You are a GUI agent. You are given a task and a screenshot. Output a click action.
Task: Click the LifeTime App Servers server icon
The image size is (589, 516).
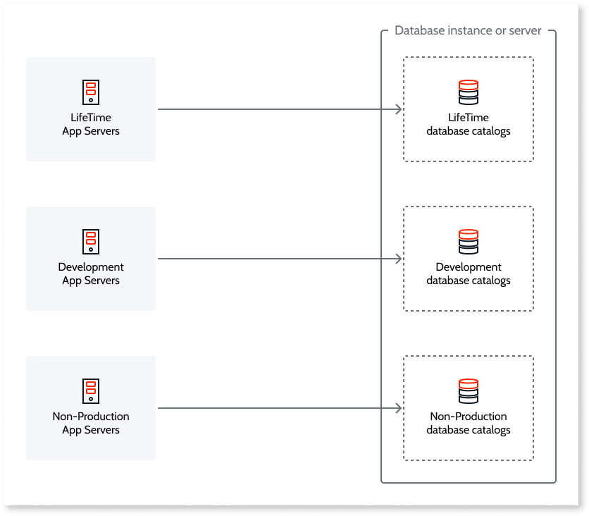pyautogui.click(x=90, y=92)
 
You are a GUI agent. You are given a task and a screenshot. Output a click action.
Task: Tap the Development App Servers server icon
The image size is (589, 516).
pyautogui.click(x=90, y=241)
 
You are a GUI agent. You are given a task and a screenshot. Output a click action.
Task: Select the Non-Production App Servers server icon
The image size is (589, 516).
pyautogui.click(x=90, y=391)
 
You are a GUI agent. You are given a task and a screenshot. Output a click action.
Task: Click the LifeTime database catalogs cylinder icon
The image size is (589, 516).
pyautogui.click(x=468, y=92)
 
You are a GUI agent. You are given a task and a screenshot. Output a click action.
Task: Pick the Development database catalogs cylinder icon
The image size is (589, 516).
pyautogui.click(x=468, y=241)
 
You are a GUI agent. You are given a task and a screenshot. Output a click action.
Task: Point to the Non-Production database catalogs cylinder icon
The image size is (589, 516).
pyautogui.click(x=468, y=391)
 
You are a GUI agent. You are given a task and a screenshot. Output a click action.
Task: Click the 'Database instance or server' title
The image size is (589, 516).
pyautogui.click(x=468, y=31)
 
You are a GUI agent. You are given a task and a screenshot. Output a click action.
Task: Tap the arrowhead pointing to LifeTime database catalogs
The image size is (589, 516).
pyautogui.click(x=399, y=109)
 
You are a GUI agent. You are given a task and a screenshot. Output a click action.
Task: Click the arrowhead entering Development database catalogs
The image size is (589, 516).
pyautogui.click(x=399, y=259)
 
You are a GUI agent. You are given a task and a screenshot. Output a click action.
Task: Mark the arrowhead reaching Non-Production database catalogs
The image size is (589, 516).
pyautogui.click(x=399, y=408)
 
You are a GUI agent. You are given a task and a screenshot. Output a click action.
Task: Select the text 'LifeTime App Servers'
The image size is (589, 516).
pyautogui.click(x=90, y=125)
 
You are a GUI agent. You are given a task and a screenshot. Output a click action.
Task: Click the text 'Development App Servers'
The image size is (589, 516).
pyautogui.click(x=90, y=274)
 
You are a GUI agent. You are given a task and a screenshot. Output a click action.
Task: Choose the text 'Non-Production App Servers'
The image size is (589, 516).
pyautogui.click(x=90, y=424)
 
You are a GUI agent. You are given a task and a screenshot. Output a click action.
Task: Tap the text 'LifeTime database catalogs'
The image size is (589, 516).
pyautogui.click(x=468, y=125)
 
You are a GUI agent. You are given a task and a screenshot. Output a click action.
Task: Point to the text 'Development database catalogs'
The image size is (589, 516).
pyautogui.click(x=468, y=274)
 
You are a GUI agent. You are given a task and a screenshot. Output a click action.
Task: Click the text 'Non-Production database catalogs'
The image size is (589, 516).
pyautogui.click(x=468, y=424)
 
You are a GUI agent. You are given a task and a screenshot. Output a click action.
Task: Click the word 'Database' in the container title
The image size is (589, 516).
pyautogui.click(x=419, y=31)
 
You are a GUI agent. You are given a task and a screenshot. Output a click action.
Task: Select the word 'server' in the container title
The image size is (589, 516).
pyautogui.click(x=525, y=31)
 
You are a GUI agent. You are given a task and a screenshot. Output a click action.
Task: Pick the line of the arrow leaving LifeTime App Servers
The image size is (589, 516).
pyautogui.click(x=275, y=109)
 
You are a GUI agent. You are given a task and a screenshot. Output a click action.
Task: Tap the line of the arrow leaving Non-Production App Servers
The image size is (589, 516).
pyautogui.click(x=275, y=408)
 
